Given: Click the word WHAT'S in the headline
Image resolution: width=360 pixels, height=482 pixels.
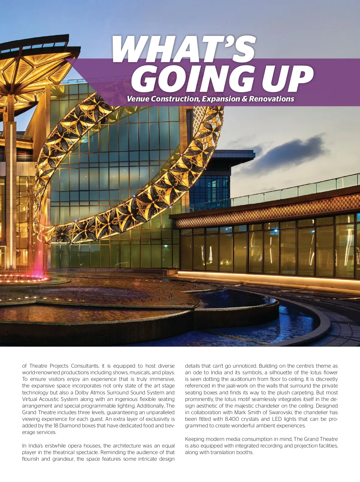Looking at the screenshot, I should (184, 50).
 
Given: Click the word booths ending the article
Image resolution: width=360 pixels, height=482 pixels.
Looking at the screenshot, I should (245, 452).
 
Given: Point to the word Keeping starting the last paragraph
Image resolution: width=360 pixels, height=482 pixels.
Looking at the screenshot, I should (194, 439).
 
